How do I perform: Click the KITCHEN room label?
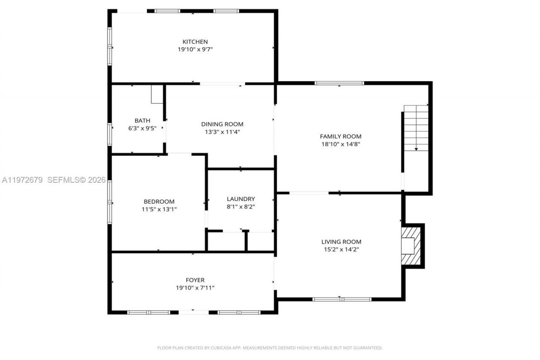(195, 42)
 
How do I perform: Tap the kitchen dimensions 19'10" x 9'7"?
(195, 49)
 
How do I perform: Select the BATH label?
(142, 121)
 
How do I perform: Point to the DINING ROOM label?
(222, 124)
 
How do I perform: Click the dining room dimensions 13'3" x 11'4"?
(222, 132)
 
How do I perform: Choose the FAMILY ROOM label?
(340, 136)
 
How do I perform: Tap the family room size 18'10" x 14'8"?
(340, 144)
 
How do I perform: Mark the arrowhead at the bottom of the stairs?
(416, 149)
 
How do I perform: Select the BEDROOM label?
(159, 202)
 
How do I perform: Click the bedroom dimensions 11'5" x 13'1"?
(159, 209)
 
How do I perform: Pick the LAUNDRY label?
(240, 199)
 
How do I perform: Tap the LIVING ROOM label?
(341, 242)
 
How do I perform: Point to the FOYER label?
(195, 280)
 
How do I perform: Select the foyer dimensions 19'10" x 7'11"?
(195, 288)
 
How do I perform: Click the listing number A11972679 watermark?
(22, 180)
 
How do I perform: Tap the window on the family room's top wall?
(339, 83)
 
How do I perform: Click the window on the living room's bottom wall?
(342, 299)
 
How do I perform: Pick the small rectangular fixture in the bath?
(157, 94)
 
